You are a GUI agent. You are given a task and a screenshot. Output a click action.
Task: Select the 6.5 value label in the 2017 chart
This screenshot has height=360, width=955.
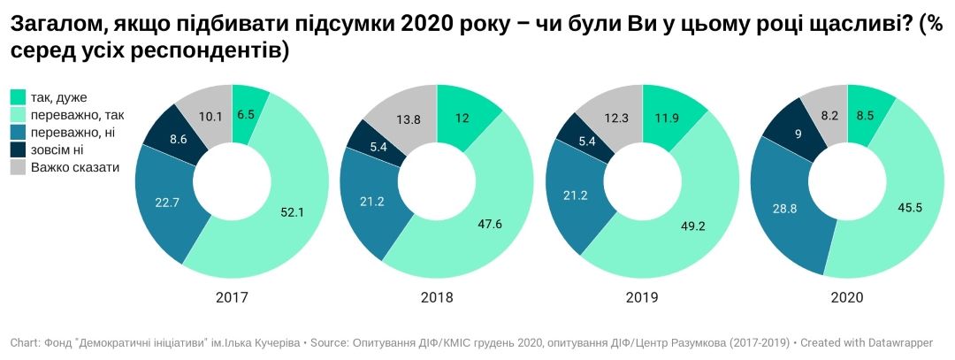click(x=247, y=113)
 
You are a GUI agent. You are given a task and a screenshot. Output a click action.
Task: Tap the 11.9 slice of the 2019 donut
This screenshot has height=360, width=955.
click(x=668, y=119)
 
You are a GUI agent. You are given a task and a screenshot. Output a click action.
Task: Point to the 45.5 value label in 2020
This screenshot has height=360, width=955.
click(x=906, y=208)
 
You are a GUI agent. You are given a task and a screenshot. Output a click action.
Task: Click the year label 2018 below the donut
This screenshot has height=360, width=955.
click(x=436, y=298)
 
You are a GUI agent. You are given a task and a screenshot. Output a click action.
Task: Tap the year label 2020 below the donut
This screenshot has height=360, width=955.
click(x=846, y=298)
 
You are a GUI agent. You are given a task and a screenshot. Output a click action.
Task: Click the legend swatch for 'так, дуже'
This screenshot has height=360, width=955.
click(x=18, y=97)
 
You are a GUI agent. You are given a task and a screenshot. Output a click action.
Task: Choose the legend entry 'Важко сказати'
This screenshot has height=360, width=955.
click(x=74, y=166)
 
